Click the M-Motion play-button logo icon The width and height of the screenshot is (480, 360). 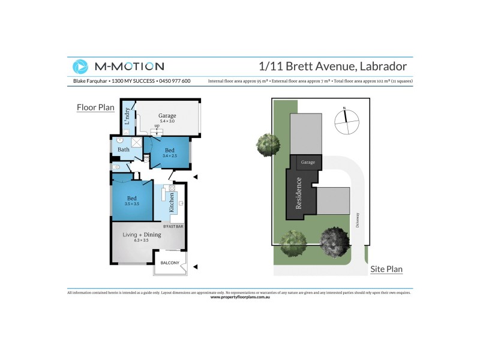coord(80,67)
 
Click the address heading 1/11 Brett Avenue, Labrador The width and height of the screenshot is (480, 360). coord(332,66)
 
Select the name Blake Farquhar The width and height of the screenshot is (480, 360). coord(87,81)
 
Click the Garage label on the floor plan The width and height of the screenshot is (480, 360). coord(167,115)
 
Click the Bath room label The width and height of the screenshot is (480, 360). coord(124,149)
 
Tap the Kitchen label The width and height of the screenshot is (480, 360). coord(172,203)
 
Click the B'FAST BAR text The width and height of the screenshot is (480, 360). coord(173,226)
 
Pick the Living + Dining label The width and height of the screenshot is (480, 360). coord(142,235)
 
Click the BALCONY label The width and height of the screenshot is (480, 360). coord(170,263)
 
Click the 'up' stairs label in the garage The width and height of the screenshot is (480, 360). coord(157,125)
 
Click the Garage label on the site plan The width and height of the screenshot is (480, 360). coord(308,163)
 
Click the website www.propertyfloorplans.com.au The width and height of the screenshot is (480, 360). coord(240,297)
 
